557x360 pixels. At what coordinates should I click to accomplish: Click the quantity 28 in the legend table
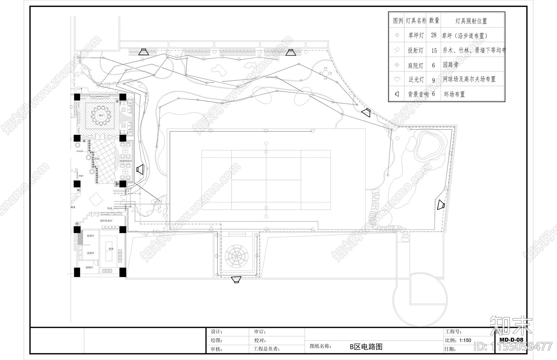pyautogui.click(x=433, y=35)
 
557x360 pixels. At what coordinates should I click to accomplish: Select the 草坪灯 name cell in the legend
pyautogui.click(x=416, y=36)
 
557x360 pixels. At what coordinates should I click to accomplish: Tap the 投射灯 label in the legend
pyautogui.click(x=416, y=50)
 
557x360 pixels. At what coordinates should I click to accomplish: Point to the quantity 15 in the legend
pyautogui.click(x=434, y=50)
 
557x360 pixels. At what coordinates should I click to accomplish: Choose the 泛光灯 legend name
pyautogui.click(x=416, y=80)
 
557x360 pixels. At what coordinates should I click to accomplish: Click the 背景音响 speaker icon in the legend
pyautogui.click(x=397, y=94)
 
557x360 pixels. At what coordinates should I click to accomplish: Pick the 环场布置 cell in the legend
pyautogui.click(x=454, y=94)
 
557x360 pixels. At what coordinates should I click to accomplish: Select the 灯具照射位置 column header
pyautogui.click(x=471, y=21)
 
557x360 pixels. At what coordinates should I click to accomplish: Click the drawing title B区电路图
pyautogui.click(x=366, y=346)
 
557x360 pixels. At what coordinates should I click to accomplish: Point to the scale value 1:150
pyautogui.click(x=465, y=340)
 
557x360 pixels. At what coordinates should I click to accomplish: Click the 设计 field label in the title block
pyautogui.click(x=217, y=332)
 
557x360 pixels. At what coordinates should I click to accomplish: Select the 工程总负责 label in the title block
pyautogui.click(x=266, y=349)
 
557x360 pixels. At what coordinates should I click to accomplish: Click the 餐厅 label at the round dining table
pyautogui.click(x=101, y=115)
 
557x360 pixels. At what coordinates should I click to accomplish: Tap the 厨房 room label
pyautogui.click(x=111, y=249)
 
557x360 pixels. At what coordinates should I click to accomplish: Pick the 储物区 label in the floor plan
pyautogui.click(x=89, y=267)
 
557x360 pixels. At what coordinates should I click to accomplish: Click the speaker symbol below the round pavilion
pyautogui.click(x=236, y=280)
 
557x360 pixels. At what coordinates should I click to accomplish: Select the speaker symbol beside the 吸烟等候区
pyautogui.click(x=140, y=170)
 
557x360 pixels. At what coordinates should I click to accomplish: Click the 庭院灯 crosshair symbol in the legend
pyautogui.click(x=397, y=65)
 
